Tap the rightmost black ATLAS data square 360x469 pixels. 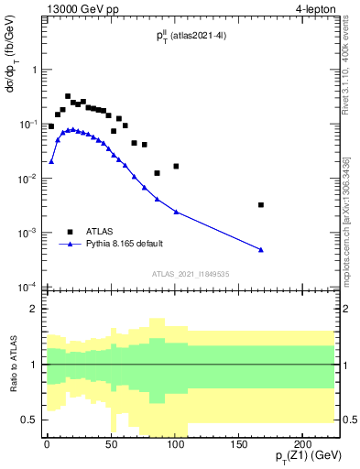261,205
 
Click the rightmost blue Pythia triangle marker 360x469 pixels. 261,250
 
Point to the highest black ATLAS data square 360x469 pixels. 68,96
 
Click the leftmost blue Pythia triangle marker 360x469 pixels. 51,161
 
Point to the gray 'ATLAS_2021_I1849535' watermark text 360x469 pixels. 191,273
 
